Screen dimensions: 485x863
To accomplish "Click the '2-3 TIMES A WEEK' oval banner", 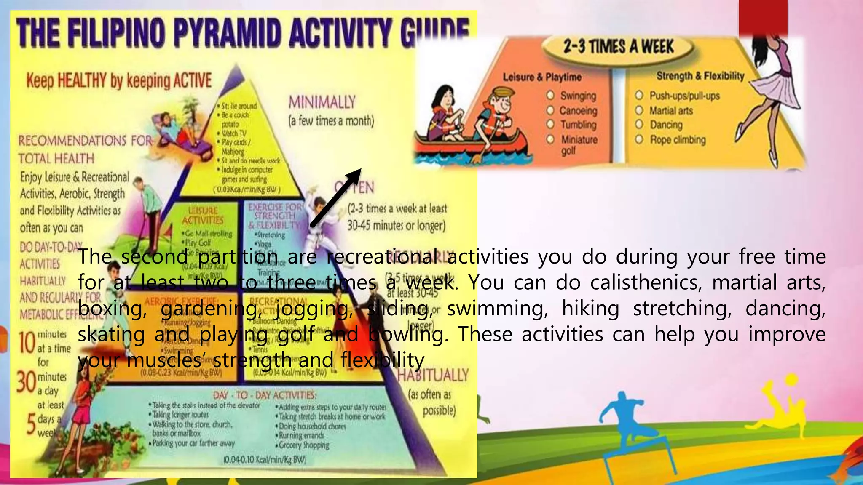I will pyautogui.click(x=618, y=47).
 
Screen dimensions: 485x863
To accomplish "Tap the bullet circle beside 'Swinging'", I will pyautogui.click(x=550, y=95).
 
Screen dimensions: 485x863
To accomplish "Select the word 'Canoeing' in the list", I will pyautogui.click(x=578, y=111).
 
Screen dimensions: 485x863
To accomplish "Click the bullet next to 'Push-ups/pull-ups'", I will pyautogui.click(x=639, y=95).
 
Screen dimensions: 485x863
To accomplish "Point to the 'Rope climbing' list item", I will pyautogui.click(x=678, y=139).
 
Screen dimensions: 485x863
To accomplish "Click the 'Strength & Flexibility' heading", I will pyautogui.click(x=700, y=76).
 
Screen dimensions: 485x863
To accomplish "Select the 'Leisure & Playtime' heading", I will pyautogui.click(x=542, y=77).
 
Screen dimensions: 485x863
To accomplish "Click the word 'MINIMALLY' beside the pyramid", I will pyautogui.click(x=322, y=102).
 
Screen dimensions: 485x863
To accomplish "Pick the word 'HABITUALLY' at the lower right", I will pyautogui.click(x=433, y=375).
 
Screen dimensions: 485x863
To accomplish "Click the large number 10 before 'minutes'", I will pyautogui.click(x=27, y=343).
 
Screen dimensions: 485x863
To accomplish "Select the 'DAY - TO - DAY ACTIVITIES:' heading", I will pyautogui.click(x=264, y=395).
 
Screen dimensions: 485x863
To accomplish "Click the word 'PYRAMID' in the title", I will pyautogui.click(x=227, y=34).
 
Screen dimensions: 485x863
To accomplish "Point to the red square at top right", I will pyautogui.click(x=763, y=17).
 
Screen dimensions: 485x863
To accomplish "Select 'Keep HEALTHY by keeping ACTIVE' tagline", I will pyautogui.click(x=119, y=80).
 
